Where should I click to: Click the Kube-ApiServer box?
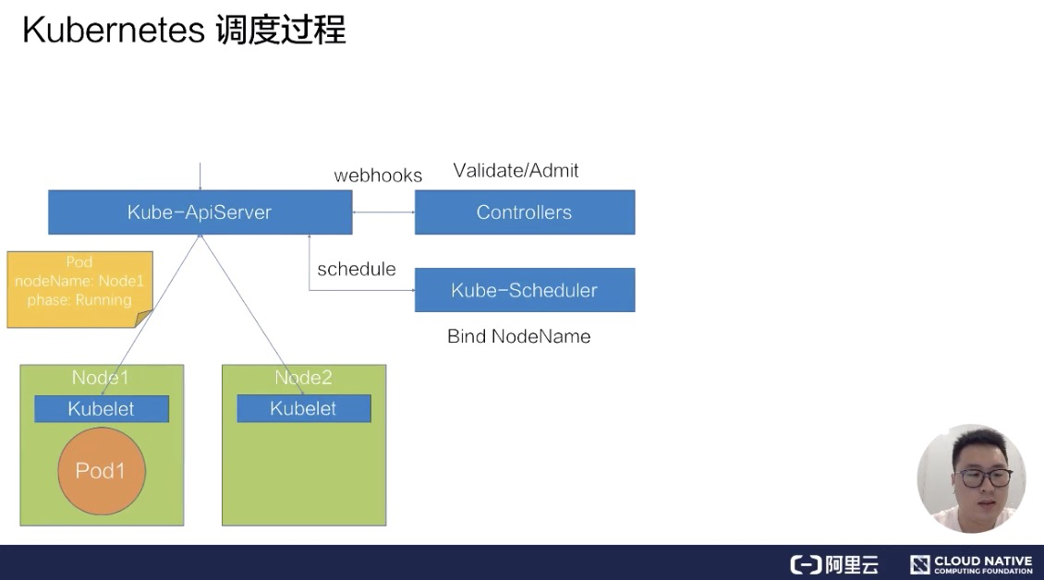200,212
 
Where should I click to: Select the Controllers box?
524,212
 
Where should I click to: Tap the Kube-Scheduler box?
524,290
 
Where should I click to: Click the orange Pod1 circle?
101,471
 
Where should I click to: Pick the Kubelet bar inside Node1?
101,409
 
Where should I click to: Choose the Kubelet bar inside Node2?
303,409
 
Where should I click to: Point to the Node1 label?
100,378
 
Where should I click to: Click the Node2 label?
303,378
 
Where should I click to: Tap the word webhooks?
378,175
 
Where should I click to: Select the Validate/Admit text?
516,170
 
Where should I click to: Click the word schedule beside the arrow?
356,269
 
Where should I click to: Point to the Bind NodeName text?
518,336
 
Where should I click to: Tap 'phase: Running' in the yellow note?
79,300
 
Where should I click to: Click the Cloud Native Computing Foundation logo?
971,564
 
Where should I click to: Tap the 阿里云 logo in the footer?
834,564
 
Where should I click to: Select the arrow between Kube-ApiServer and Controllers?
383,212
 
